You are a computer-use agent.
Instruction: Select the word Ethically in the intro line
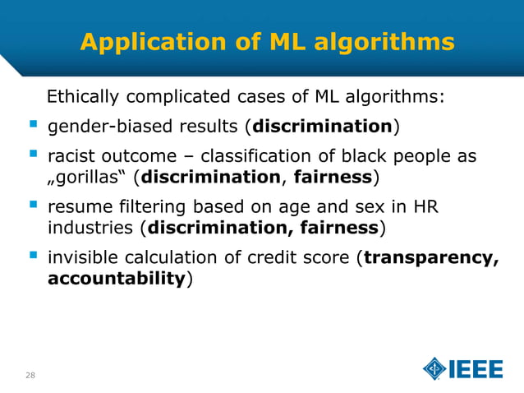[x=81, y=98]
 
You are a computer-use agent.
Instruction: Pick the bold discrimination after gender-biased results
[x=322, y=127]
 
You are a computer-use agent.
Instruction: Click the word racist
[x=71, y=156]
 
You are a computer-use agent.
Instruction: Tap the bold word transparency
[x=430, y=257]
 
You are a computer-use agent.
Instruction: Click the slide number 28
[x=30, y=375]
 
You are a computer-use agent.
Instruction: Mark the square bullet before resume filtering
[x=32, y=206]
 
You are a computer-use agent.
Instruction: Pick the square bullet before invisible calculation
[x=32, y=257]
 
